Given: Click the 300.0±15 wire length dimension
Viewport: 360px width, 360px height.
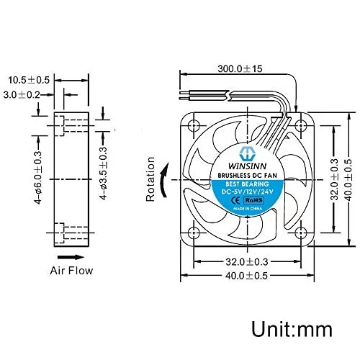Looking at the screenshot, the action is [240, 69].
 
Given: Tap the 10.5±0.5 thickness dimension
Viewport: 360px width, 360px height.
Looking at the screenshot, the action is [29, 80].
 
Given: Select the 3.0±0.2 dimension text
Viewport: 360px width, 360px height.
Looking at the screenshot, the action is [22, 95].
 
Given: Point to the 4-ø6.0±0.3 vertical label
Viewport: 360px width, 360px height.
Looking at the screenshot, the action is [38, 178].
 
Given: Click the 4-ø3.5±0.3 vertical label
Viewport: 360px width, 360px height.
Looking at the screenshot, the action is [104, 174].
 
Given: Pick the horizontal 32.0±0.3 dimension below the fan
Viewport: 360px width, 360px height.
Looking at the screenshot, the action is [246, 261].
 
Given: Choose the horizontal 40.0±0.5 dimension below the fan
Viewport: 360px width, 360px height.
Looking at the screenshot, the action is [246, 276].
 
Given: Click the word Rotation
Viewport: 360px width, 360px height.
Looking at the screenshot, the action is [150, 179].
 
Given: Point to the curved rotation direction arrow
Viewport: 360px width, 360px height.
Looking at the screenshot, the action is [164, 180].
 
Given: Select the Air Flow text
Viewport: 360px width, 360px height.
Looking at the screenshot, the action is [71, 271].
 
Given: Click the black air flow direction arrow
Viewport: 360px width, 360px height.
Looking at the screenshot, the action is [71, 257].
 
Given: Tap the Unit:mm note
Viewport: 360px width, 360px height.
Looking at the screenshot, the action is [292, 329].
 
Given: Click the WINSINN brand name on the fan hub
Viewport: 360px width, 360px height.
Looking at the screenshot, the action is [247, 166].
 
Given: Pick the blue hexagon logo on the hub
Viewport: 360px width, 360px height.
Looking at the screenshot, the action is [247, 154].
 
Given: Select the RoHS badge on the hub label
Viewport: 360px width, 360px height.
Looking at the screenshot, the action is [254, 200].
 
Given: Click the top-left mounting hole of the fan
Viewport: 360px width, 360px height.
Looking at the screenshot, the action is [194, 125].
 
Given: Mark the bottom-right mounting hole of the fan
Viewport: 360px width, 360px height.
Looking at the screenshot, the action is [300, 233].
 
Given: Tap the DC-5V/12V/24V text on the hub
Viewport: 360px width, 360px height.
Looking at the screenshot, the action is [247, 192].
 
